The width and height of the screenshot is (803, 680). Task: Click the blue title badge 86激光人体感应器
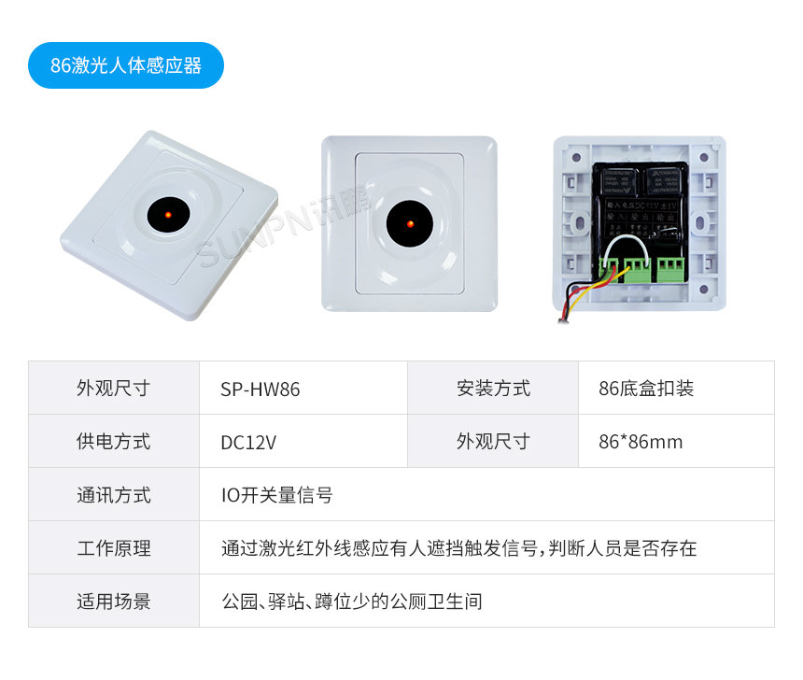click(126, 65)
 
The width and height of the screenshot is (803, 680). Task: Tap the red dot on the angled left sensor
click(167, 216)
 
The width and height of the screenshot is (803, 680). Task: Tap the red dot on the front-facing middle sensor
click(409, 224)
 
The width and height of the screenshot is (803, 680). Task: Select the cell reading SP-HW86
click(261, 389)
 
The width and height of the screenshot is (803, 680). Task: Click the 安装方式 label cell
click(493, 388)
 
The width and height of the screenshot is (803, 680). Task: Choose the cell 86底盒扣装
click(646, 389)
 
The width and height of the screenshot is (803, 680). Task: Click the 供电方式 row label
click(113, 442)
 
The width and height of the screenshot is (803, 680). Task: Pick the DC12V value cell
click(248, 442)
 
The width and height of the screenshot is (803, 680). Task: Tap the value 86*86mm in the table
click(641, 442)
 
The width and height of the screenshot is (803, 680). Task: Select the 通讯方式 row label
click(113, 495)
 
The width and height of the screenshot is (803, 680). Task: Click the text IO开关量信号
click(276, 495)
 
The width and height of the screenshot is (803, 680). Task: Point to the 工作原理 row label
click(113, 548)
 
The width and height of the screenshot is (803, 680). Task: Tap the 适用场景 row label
click(113, 602)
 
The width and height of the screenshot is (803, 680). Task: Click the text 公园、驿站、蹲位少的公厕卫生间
click(351, 602)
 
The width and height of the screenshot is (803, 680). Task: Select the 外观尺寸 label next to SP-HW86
click(113, 388)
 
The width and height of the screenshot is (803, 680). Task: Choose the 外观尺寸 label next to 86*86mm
click(493, 441)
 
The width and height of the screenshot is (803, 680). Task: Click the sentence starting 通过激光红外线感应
click(458, 548)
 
